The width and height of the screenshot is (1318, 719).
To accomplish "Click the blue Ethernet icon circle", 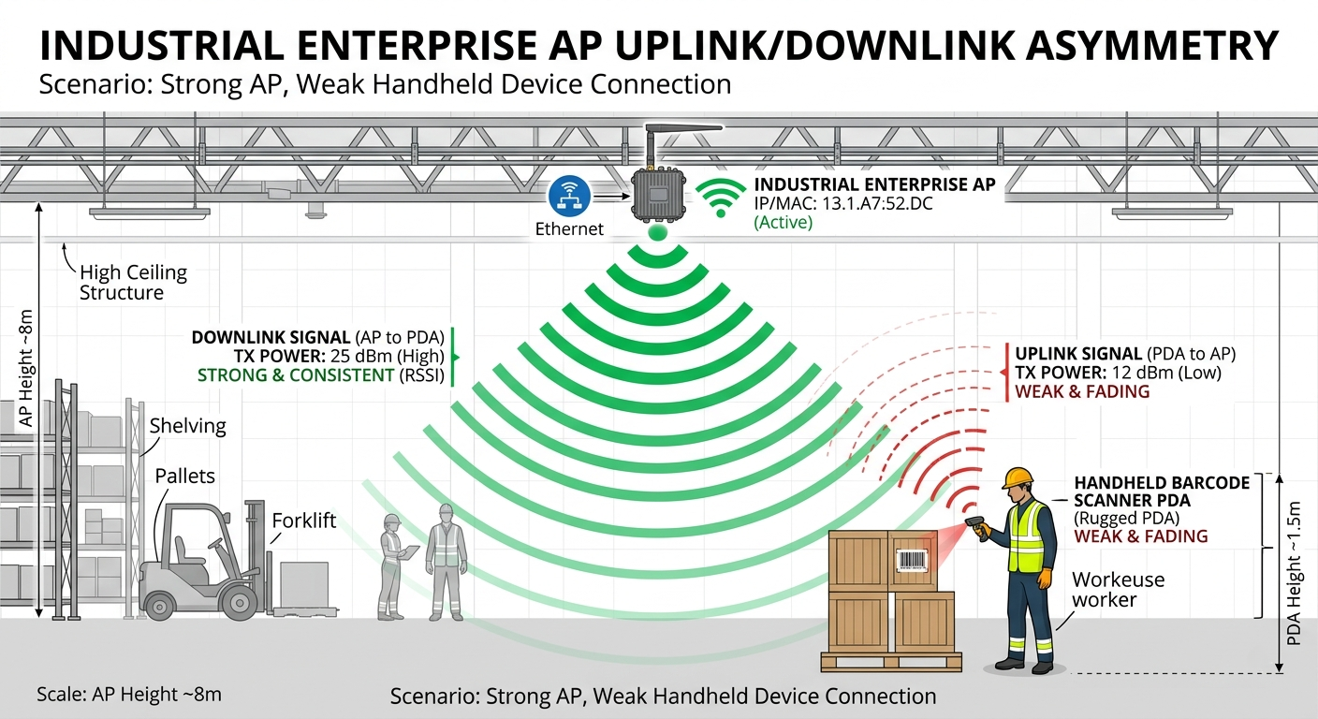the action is pos(569,196).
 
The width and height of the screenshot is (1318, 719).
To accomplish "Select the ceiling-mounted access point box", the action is pos(658,194).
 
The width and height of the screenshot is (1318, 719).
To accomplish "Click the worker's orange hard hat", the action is pos(1018,477).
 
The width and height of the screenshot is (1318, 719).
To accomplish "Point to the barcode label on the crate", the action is pos(912,560).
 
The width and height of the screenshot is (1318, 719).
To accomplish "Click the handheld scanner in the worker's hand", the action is pos(977,526).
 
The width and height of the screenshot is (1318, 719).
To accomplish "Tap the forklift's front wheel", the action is pos(240,603).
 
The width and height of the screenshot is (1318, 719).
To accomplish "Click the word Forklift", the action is pos(303,521).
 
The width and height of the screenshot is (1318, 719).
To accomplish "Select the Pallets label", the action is pos(184,476).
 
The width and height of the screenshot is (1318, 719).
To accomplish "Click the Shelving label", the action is pos(188,425).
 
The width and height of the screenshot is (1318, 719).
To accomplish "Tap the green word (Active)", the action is pos(783,223).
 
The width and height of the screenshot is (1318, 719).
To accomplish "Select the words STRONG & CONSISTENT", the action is pos(296,374).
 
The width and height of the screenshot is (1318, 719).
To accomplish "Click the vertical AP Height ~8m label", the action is pos(26,368).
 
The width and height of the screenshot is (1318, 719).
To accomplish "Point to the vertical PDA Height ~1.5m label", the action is pos(1294,574).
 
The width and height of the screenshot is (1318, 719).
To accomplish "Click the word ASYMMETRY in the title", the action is pos(1151,45).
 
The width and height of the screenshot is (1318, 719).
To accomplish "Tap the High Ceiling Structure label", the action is pos(133,283).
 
